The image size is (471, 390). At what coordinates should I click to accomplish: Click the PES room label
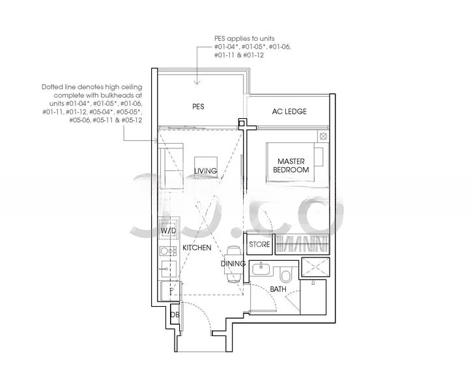[x=198, y=107]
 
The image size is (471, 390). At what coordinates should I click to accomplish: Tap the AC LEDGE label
[x=289, y=112]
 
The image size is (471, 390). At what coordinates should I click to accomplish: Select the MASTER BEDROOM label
[x=291, y=166]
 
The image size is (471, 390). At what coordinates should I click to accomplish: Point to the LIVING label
[x=205, y=171]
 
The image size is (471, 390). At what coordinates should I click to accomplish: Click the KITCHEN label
[x=197, y=248]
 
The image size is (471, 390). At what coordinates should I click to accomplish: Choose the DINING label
[x=233, y=263]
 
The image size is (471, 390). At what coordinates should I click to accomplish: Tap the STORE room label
[x=259, y=244]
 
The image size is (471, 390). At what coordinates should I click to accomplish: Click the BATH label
[x=278, y=289]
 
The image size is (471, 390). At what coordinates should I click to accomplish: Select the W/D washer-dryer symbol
[x=169, y=231]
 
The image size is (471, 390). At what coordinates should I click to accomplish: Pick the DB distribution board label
[x=175, y=315]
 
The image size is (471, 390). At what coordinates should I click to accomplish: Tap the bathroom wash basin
[x=261, y=268]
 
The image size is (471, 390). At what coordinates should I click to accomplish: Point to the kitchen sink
[x=167, y=268]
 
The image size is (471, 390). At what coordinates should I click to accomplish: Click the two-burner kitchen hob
[x=167, y=251]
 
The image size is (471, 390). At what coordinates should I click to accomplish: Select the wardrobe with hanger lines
[x=301, y=244]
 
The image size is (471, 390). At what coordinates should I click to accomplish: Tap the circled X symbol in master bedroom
[x=323, y=136]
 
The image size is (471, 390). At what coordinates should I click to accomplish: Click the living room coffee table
[x=205, y=168]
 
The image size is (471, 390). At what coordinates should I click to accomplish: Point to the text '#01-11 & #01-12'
[x=239, y=55]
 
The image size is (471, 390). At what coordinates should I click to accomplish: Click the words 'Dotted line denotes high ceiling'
[x=92, y=87]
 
